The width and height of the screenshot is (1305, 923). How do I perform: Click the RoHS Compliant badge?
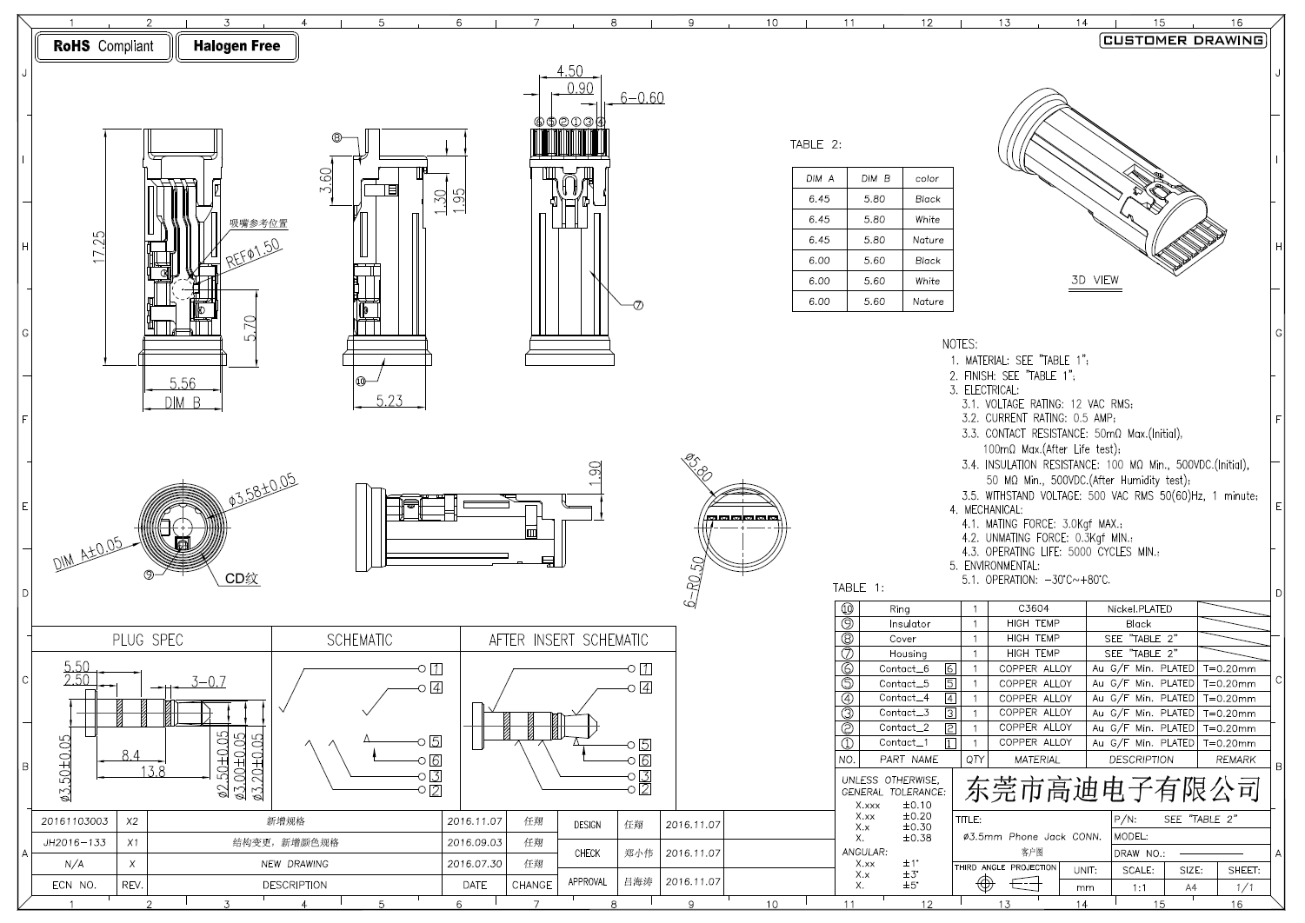pyautogui.click(x=103, y=47)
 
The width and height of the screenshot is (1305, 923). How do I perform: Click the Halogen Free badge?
pyautogui.click(x=236, y=47)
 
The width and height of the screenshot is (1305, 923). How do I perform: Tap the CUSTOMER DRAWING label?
pyautogui.click(x=1182, y=40)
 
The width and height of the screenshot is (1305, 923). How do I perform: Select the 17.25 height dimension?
pyautogui.click(x=99, y=248)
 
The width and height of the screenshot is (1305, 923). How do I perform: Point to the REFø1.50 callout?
pyautogui.click(x=253, y=253)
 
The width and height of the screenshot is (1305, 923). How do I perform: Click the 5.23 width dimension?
pyautogui.click(x=390, y=401)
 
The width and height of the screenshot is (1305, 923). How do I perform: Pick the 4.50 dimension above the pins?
pyautogui.click(x=569, y=71)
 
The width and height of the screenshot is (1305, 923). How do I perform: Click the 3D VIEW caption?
pyautogui.click(x=1095, y=280)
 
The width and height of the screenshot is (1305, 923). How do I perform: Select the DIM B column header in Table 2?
pyautogui.click(x=875, y=178)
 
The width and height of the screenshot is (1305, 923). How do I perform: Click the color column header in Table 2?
pyautogui.click(x=927, y=178)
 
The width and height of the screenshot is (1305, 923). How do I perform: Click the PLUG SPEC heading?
pyautogui.click(x=148, y=640)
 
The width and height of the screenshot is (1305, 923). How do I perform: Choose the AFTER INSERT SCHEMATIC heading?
pyautogui.click(x=568, y=640)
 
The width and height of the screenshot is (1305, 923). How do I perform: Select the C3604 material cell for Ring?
pyautogui.click(x=1033, y=609)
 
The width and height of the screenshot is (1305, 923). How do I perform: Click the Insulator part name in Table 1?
pyautogui.click(x=909, y=624)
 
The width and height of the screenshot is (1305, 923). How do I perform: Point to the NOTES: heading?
pyautogui.click(x=960, y=344)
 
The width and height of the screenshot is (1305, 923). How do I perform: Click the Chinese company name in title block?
pyautogui.click(x=1113, y=789)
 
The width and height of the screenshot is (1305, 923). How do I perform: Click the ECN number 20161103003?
pyautogui.click(x=75, y=821)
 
